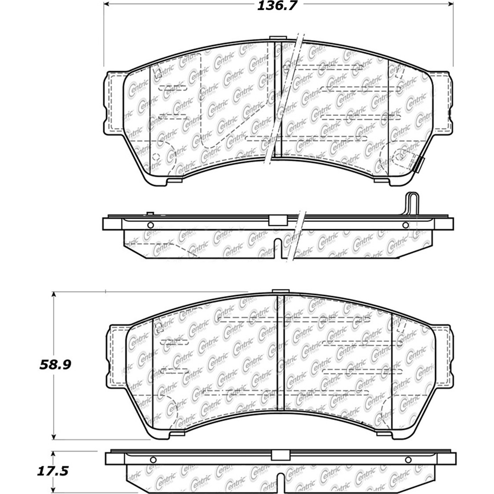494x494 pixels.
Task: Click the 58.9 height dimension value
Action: coord(55,365)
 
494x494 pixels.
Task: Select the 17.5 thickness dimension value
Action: coord(52,471)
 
